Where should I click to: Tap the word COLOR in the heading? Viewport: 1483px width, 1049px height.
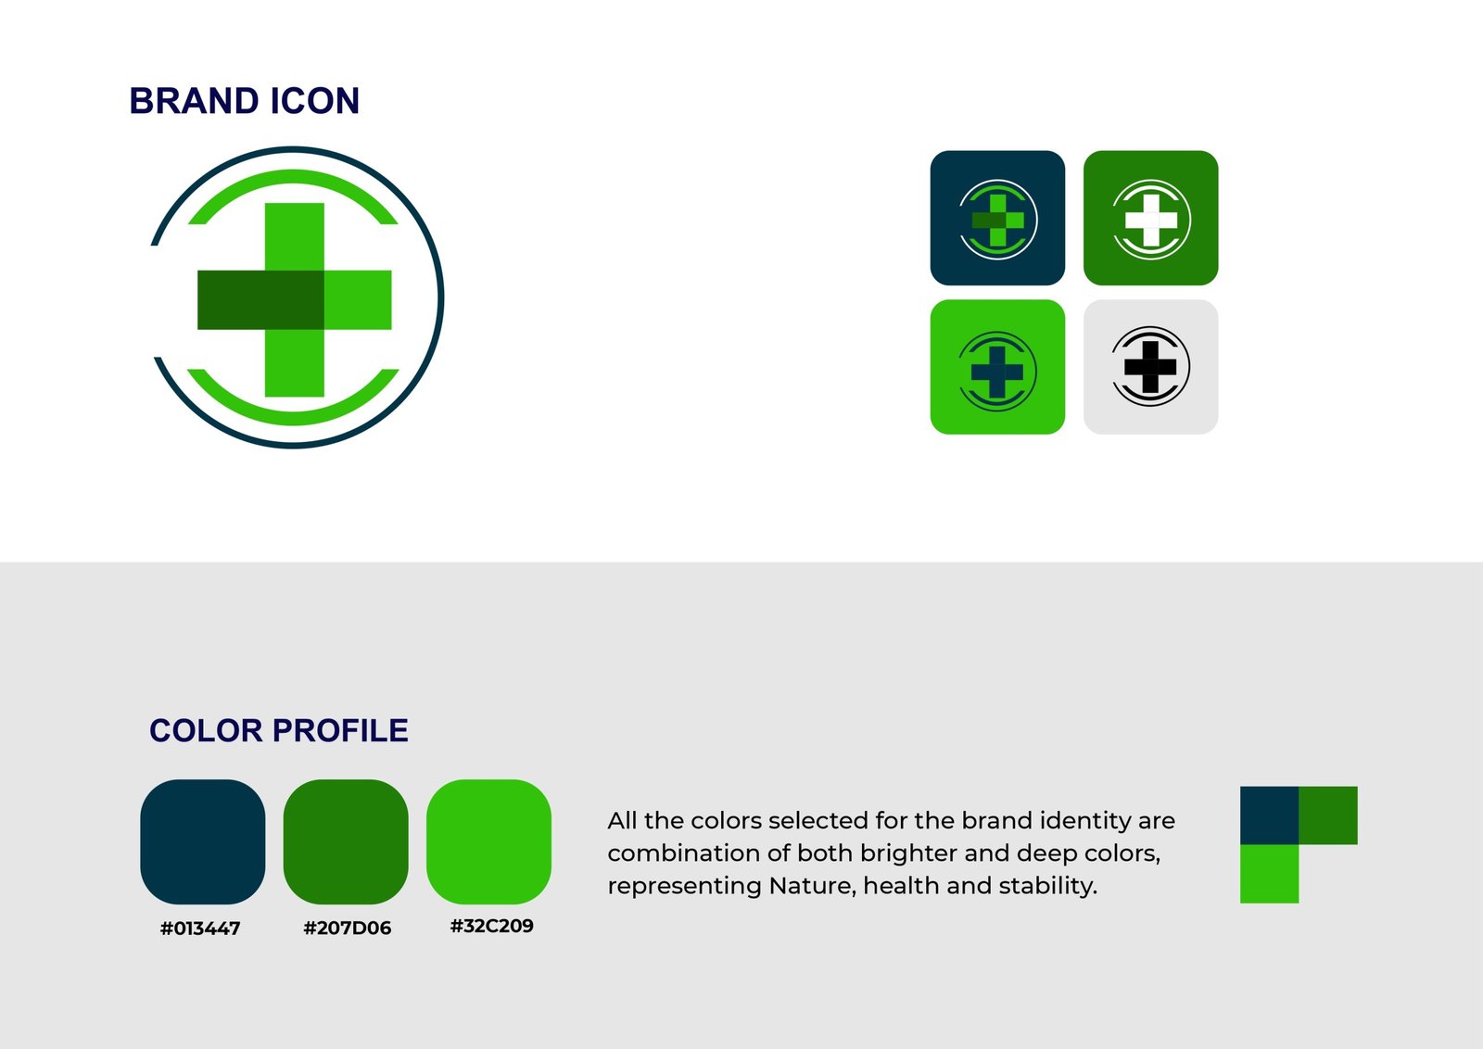pyautogui.click(x=206, y=730)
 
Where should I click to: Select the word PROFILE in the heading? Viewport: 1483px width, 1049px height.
pyautogui.click(x=340, y=730)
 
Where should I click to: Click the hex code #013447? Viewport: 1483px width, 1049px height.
pyautogui.click(x=200, y=929)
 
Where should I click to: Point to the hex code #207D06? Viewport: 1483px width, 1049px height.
pyautogui.click(x=347, y=928)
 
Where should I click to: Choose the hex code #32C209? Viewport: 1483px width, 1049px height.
pyautogui.click(x=492, y=926)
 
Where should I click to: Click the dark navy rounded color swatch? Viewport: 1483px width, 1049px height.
pyautogui.click(x=203, y=841)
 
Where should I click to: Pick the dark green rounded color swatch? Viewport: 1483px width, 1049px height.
pyautogui.click(x=346, y=841)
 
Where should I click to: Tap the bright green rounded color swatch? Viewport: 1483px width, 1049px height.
pyautogui.click(x=488, y=841)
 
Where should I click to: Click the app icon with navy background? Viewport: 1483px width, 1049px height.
pyautogui.click(x=997, y=218)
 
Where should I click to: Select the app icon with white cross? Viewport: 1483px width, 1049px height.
pyautogui.click(x=1150, y=218)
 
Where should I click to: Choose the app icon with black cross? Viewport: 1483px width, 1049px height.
pyautogui.click(x=1150, y=367)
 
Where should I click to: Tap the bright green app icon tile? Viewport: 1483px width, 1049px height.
pyautogui.click(x=997, y=367)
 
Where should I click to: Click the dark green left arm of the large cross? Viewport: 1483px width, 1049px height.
pyautogui.click(x=260, y=300)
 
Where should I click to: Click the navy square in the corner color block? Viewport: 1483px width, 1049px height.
pyautogui.click(x=1269, y=815)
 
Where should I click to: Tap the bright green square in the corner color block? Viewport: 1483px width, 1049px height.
pyautogui.click(x=1269, y=874)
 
